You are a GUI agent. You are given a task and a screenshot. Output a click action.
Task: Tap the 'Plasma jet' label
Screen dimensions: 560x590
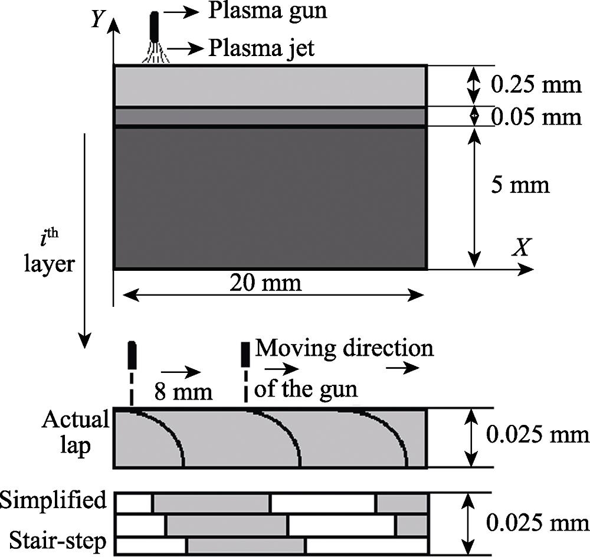pos(261,48)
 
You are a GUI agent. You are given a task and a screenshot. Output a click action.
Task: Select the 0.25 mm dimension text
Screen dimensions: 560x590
pos(536,85)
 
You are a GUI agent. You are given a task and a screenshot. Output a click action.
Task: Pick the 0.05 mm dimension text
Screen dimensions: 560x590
pos(536,117)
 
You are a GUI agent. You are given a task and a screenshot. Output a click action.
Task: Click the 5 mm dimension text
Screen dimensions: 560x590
pos(519,186)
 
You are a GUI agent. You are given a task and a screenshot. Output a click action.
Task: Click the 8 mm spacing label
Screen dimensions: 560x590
pos(183,391)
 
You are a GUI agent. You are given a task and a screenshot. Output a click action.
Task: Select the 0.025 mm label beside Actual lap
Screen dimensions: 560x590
pos(536,435)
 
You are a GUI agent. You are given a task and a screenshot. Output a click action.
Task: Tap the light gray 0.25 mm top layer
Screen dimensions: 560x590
pos(270,86)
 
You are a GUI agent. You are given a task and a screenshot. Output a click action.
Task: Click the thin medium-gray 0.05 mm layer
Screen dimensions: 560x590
pos(270,117)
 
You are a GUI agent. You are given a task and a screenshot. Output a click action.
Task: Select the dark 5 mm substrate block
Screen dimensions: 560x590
pos(270,198)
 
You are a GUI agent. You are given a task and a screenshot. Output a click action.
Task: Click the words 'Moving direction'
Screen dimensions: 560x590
pos(344,348)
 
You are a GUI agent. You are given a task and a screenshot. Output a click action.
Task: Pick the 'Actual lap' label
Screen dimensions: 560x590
pos(76,433)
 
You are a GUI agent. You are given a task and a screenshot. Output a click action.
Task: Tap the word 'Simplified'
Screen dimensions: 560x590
pos(54,500)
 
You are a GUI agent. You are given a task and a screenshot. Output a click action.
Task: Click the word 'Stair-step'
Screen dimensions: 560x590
pos(58,541)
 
